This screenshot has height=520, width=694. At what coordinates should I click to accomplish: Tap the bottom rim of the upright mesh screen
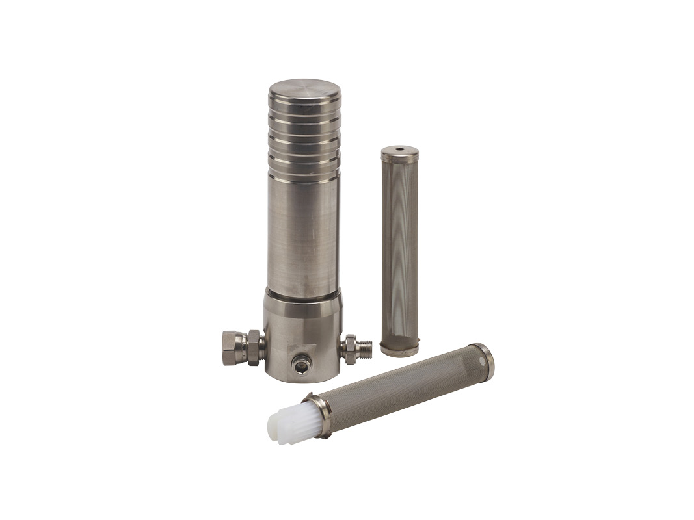[x=399, y=352]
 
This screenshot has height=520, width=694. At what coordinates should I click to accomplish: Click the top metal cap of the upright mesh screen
[x=399, y=155]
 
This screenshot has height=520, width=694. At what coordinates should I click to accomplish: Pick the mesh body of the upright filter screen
[x=399, y=253]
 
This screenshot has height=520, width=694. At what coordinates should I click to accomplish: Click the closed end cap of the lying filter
[x=485, y=359]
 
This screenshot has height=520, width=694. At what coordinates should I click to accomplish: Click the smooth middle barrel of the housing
[x=303, y=234]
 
